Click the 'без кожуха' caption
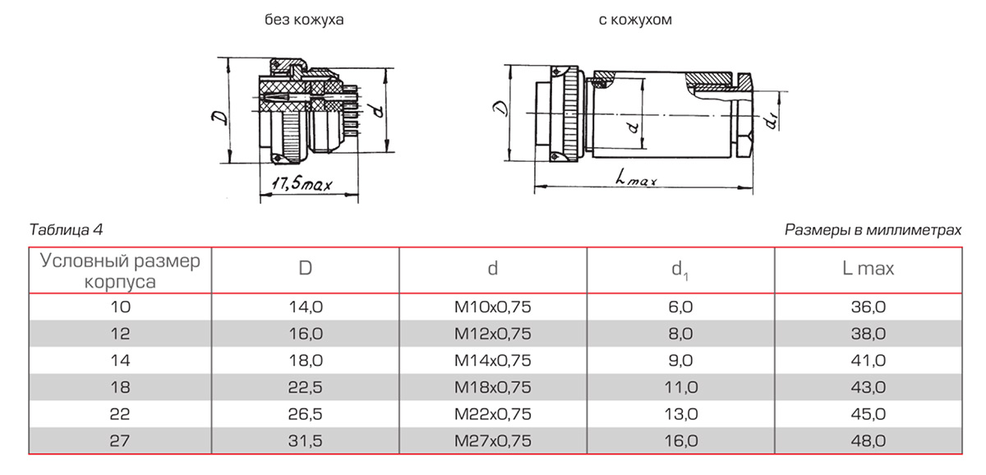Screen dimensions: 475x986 (303, 20)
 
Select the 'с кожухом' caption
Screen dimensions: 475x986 (635, 20)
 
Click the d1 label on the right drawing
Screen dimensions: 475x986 (770, 121)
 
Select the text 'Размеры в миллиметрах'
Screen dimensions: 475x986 (873, 230)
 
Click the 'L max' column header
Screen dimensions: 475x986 (869, 268)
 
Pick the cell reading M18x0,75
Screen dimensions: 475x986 (493, 387)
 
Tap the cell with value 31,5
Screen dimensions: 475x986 (305, 441)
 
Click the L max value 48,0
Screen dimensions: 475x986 (869, 441)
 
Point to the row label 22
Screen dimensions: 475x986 (121, 414)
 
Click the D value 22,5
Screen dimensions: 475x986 (305, 387)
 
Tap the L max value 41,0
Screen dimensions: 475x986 (869, 360)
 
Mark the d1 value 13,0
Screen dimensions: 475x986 (681, 414)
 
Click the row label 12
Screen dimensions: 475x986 (121, 334)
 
